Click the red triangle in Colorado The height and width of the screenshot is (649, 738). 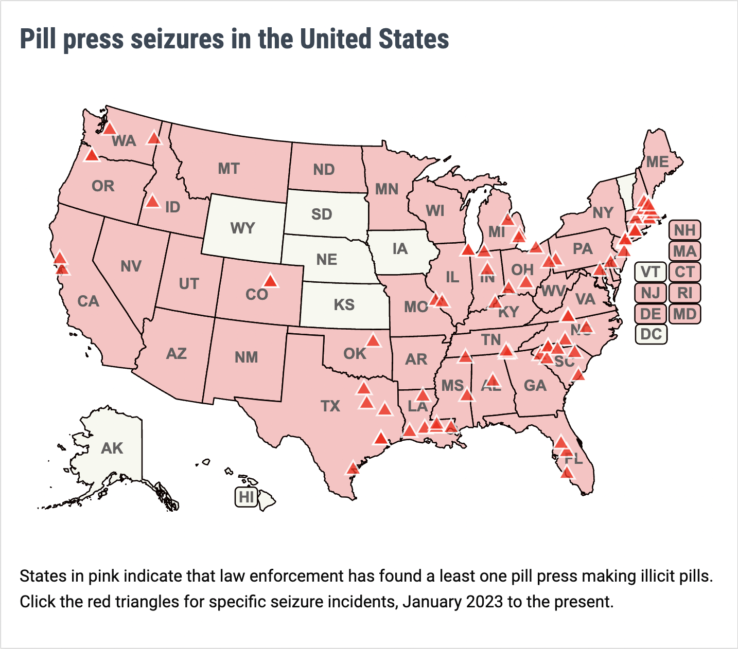point(270,281)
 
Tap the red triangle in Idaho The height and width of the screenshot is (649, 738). point(152,201)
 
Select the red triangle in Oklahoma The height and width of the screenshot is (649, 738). point(373,340)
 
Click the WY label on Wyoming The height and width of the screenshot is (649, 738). point(242,228)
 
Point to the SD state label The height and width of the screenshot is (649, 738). point(322,214)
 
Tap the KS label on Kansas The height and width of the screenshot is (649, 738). point(344,305)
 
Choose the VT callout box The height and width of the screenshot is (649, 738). point(651,272)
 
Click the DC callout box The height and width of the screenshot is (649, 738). point(651,334)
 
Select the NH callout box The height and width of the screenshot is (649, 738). point(684,230)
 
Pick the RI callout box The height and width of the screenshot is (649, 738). point(684,293)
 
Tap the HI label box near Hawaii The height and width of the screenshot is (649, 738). point(247,497)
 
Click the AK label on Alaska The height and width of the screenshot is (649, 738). point(112,448)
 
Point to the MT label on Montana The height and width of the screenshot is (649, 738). point(229,169)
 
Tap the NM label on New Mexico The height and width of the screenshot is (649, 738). point(246,357)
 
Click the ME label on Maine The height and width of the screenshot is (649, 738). point(657,162)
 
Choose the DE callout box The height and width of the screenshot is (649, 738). point(651,314)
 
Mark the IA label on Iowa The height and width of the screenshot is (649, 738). point(400,249)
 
